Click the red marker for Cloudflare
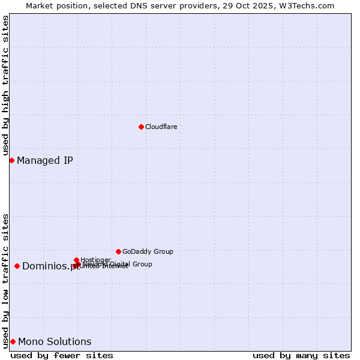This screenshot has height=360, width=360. click(141, 127)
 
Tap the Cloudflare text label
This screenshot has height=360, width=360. click(161, 127)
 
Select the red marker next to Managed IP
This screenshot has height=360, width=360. click(11, 160)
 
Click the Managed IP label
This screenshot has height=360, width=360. click(45, 160)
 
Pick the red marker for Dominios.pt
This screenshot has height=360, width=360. click(17, 266)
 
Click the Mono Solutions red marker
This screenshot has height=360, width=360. click(13, 341)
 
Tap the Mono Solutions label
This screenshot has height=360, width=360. click(55, 341)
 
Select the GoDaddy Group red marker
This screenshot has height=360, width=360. click(118, 251)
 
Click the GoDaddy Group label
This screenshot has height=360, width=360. click(148, 251)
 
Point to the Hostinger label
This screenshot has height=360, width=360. click(95, 260)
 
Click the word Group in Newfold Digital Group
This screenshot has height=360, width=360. click(142, 264)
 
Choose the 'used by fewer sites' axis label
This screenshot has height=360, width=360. click(62, 355)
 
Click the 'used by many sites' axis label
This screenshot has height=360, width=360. click(301, 355)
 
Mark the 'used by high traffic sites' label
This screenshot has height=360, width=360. click(5, 86)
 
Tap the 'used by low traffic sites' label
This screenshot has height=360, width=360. click(5, 281)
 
